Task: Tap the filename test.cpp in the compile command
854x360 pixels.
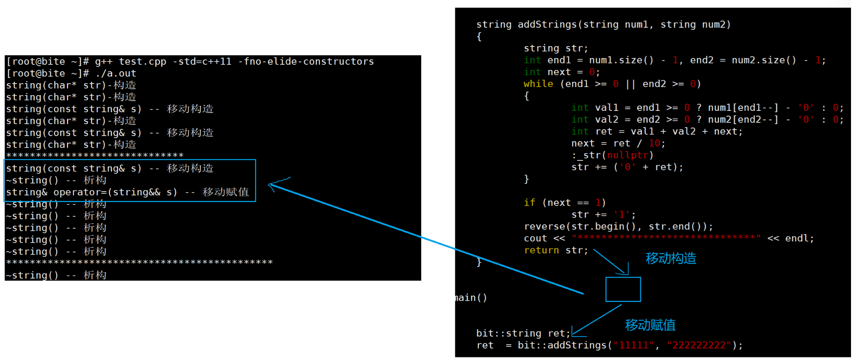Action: (x=142, y=61)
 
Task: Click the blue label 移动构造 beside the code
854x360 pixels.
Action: (x=670, y=258)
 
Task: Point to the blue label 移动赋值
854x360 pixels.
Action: (x=650, y=325)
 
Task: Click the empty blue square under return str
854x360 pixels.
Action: (x=623, y=289)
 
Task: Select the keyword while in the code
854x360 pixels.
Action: (x=538, y=84)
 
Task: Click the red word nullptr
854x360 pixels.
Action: (x=627, y=155)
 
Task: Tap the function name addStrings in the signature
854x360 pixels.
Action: (x=547, y=25)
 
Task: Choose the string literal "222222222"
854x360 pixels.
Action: (x=699, y=345)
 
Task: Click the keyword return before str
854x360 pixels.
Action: (x=541, y=250)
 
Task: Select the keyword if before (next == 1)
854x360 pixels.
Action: (x=529, y=203)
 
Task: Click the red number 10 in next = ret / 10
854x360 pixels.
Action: (x=654, y=143)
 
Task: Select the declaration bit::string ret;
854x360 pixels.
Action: (x=523, y=333)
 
